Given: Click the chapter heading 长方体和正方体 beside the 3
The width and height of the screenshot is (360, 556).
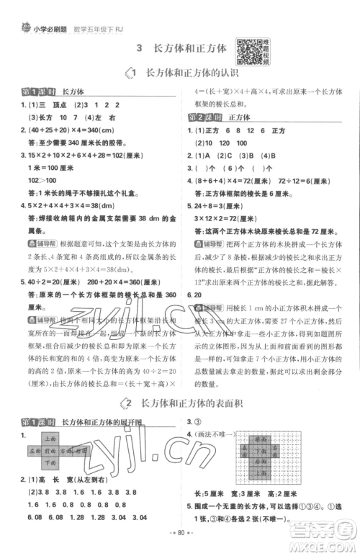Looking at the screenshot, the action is coord(189,48).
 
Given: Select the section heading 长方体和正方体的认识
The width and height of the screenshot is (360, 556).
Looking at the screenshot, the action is coord(192,73).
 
